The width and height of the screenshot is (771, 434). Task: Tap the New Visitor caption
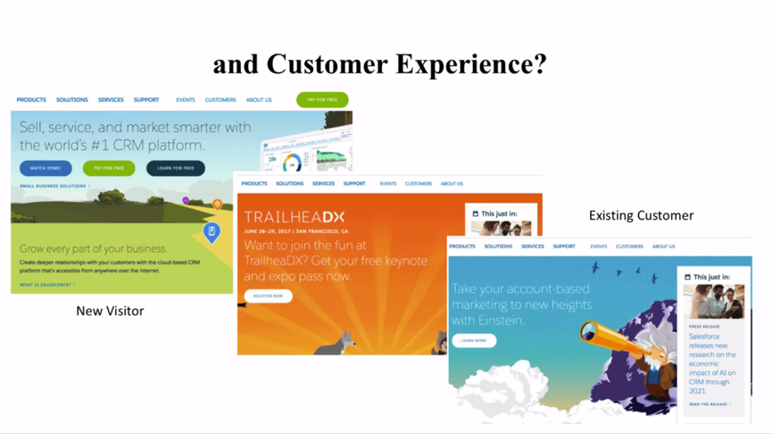tap(110, 311)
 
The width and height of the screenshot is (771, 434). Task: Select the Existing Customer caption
tap(641, 215)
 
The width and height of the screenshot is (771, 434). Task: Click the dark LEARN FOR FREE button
tap(175, 168)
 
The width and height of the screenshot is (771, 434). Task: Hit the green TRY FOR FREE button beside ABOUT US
tap(322, 100)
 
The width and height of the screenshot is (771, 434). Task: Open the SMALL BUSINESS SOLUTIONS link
tap(54, 186)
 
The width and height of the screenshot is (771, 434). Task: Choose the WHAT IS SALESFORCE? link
tap(46, 285)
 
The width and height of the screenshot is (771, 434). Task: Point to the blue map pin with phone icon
tap(211, 232)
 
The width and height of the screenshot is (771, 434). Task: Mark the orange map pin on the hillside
tap(217, 205)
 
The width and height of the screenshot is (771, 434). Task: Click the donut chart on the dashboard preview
tap(292, 163)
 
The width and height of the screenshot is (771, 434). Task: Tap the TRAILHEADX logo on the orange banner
tap(294, 217)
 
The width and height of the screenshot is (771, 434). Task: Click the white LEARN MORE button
tap(474, 340)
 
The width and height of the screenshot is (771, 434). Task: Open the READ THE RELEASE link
tap(709, 405)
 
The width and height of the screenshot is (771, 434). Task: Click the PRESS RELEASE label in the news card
tap(704, 327)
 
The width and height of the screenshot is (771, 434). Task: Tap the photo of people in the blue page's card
tap(713, 302)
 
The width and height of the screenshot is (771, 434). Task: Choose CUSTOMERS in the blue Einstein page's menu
tap(629, 246)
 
